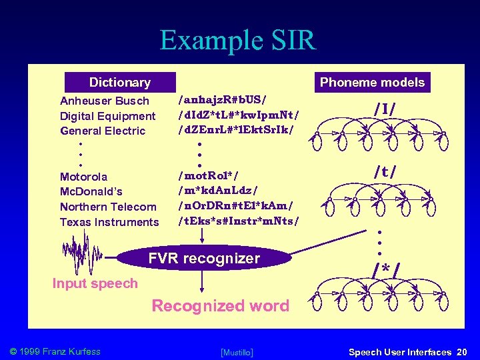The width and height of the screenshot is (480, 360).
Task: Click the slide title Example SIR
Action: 237,41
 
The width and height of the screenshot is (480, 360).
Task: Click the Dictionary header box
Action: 120,83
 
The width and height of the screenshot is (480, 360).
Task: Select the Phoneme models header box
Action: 372,83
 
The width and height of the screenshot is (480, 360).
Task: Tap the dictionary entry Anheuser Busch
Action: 105,101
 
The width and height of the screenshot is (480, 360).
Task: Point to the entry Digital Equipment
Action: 107,116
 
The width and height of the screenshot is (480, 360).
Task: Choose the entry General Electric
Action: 103,131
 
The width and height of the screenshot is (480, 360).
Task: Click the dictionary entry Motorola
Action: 83,177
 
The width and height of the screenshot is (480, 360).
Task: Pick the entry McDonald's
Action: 91,191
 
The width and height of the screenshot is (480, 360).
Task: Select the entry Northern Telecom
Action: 108,207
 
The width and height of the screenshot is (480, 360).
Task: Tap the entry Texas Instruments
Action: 109,222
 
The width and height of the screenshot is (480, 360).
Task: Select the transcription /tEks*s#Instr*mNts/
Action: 239,220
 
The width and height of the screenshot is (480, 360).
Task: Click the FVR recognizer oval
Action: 204,258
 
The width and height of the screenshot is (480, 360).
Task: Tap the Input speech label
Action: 95,283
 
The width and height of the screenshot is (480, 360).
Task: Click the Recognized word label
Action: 221,306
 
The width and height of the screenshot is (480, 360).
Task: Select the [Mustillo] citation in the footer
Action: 236,351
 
